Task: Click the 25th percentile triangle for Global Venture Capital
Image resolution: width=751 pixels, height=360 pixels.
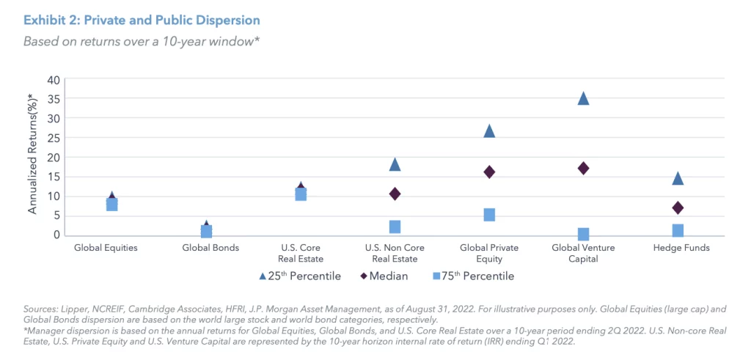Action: coord(584,99)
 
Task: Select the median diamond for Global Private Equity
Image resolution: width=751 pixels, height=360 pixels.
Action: coord(489,172)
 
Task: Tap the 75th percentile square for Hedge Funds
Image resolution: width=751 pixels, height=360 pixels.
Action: coord(678,230)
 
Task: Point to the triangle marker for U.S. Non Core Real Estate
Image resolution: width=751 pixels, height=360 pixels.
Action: coord(395,164)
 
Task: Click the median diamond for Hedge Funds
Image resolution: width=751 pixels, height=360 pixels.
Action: coord(678,207)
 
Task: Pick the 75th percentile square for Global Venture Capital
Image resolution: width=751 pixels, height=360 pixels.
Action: coord(584,234)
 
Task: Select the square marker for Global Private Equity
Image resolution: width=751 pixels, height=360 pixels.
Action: coord(489,215)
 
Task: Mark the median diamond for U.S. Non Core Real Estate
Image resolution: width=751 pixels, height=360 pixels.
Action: coord(395,194)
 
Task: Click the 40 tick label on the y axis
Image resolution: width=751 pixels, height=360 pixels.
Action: coord(52,79)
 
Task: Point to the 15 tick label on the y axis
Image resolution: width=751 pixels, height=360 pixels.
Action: coord(52,176)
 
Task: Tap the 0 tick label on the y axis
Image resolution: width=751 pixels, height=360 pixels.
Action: coord(55,235)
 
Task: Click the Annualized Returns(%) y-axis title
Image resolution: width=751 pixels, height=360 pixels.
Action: coord(32,154)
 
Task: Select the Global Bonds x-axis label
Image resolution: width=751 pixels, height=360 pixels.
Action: coord(210,248)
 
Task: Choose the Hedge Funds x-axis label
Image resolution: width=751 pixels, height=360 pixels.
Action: coord(681,248)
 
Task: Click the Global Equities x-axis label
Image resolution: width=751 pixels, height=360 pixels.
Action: coord(106,248)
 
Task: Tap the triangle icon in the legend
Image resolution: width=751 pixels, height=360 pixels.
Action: coord(263,276)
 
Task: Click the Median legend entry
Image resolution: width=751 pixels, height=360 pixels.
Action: coord(387,276)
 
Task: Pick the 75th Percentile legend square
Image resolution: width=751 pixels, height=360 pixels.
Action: coord(436,276)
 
